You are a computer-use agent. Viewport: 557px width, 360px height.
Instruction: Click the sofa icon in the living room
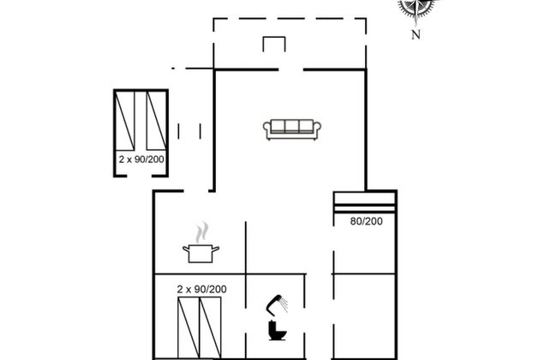pyautogui.click(x=292, y=129)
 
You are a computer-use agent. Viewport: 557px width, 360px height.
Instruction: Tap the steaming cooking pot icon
pyautogui.click(x=201, y=243)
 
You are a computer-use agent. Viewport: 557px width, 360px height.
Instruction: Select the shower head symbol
pyautogui.click(x=277, y=305)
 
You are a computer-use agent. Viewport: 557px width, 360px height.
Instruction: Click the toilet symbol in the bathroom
pyautogui.click(x=277, y=331)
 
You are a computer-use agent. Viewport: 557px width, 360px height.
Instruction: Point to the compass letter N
pyautogui.click(x=416, y=35)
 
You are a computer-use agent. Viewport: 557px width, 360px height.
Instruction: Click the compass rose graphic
pyautogui.click(x=416, y=8)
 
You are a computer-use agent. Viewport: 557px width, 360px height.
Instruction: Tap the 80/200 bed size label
pyautogui.click(x=366, y=221)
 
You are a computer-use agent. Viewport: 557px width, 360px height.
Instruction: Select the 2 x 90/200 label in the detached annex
pyautogui.click(x=141, y=159)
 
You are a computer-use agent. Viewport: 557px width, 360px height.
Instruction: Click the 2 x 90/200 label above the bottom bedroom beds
pyautogui.click(x=201, y=289)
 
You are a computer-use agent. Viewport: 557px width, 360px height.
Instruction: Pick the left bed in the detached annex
pyautogui.click(x=125, y=121)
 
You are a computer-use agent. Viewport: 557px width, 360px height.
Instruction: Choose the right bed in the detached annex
pyautogui.click(x=157, y=121)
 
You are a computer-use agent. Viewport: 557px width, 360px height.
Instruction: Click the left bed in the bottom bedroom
pyautogui.click(x=189, y=327)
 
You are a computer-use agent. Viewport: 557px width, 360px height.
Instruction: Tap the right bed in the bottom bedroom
pyautogui.click(x=210, y=327)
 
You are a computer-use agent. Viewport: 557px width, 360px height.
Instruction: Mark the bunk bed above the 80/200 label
pyautogui.click(x=364, y=202)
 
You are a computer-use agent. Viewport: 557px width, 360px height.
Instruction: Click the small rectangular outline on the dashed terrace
pyautogui.click(x=274, y=44)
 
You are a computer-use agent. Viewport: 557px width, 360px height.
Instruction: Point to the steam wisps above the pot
pyautogui.click(x=201, y=232)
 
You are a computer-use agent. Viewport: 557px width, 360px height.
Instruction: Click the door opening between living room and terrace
pyautogui.click(x=290, y=69)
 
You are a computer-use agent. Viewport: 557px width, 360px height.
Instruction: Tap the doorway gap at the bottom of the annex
pyautogui.click(x=139, y=176)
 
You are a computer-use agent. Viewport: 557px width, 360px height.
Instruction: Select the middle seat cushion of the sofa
pyautogui.click(x=292, y=127)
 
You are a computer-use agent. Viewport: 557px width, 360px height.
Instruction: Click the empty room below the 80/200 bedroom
pyautogui.click(x=364, y=316)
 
